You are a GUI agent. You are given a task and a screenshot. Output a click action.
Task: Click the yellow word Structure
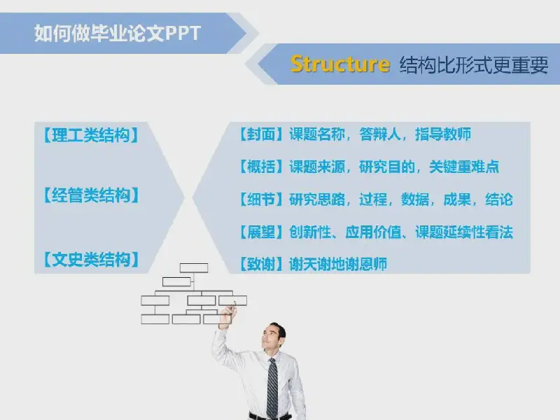tap(339, 64)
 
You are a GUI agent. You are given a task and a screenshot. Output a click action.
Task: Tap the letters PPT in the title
tap(183, 34)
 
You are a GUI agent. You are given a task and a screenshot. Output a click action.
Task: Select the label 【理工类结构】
tap(91, 135)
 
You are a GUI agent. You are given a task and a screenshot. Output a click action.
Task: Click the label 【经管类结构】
tap(91, 195)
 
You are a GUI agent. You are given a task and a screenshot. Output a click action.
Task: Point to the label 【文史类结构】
tap(91, 259)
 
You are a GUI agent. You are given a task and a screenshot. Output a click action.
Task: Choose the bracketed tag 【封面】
tap(261, 134)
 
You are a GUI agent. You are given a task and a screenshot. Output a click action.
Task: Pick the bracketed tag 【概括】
tap(261, 167)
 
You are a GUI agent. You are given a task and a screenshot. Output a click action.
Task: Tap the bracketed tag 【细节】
tap(261, 199)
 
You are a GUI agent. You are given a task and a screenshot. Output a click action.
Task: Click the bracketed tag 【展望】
tap(261, 232)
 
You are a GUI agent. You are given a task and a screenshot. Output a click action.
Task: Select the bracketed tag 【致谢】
tap(261, 265)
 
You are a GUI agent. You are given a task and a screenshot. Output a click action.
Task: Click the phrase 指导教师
tap(443, 134)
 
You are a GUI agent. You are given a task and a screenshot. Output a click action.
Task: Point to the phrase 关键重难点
tap(464, 167)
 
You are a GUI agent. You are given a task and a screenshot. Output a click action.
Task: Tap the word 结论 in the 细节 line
tap(499, 199)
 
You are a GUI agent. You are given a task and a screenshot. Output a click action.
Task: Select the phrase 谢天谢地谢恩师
tap(338, 265)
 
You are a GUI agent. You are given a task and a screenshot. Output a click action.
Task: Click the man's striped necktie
tap(272, 388)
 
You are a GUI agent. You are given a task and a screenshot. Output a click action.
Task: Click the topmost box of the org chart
tap(194, 268)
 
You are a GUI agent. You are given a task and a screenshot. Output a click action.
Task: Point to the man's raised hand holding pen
tap(228, 314)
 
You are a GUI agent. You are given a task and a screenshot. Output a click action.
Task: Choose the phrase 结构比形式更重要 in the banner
tap(474, 65)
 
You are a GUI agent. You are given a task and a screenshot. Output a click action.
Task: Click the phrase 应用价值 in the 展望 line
tap(373, 232)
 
